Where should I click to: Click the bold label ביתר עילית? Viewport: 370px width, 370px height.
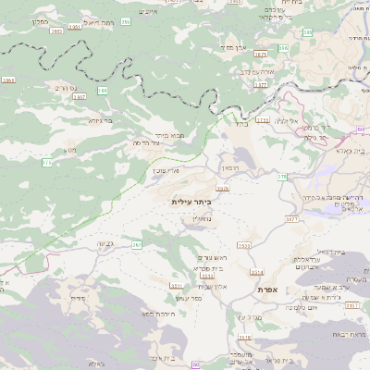click(x=191, y=201)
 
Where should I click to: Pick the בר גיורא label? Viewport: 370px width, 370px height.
click(x=101, y=119)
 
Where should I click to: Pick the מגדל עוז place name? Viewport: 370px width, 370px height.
click(x=249, y=316)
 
